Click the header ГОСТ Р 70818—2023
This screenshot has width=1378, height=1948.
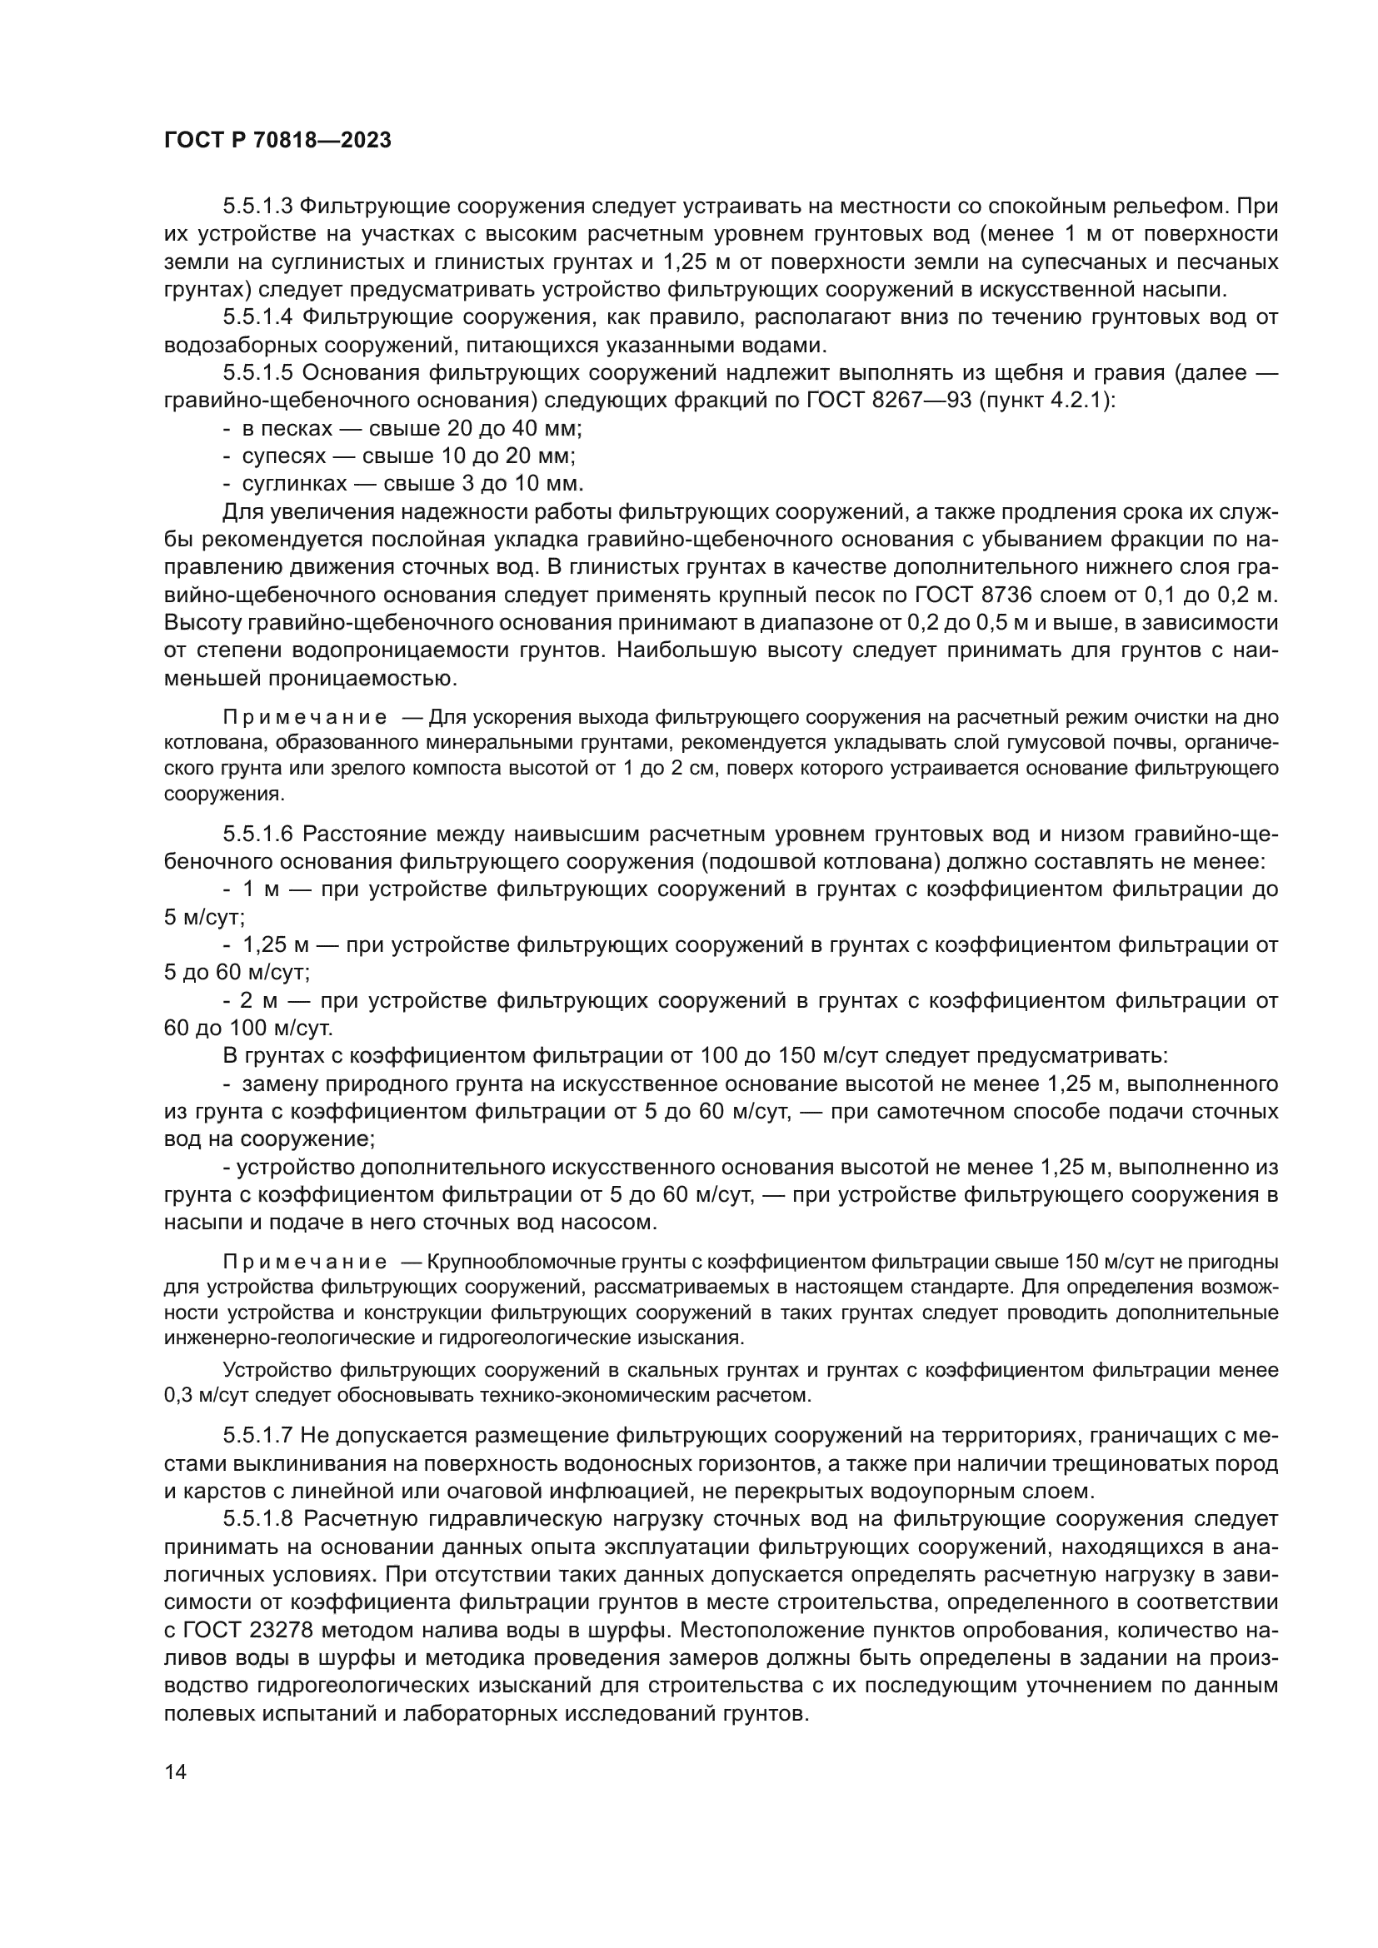[277, 141]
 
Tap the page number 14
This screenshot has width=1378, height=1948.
[175, 1771]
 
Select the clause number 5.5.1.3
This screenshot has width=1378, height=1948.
[258, 207]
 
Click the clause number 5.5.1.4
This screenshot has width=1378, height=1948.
[258, 317]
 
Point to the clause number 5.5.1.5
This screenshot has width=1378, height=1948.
[258, 373]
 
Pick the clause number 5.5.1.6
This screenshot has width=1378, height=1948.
[258, 834]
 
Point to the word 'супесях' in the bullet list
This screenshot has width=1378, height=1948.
[284, 456]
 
